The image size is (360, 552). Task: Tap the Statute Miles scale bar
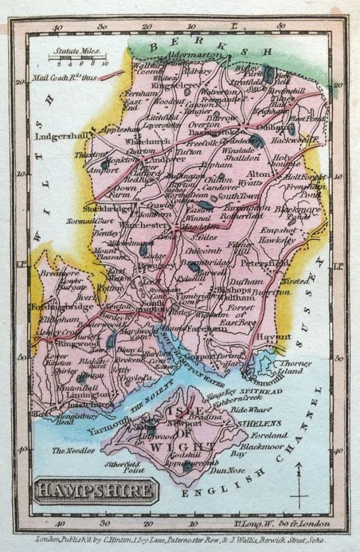78,57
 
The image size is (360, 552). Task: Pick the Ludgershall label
58,136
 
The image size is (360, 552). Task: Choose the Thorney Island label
295,367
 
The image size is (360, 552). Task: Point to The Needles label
73,450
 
